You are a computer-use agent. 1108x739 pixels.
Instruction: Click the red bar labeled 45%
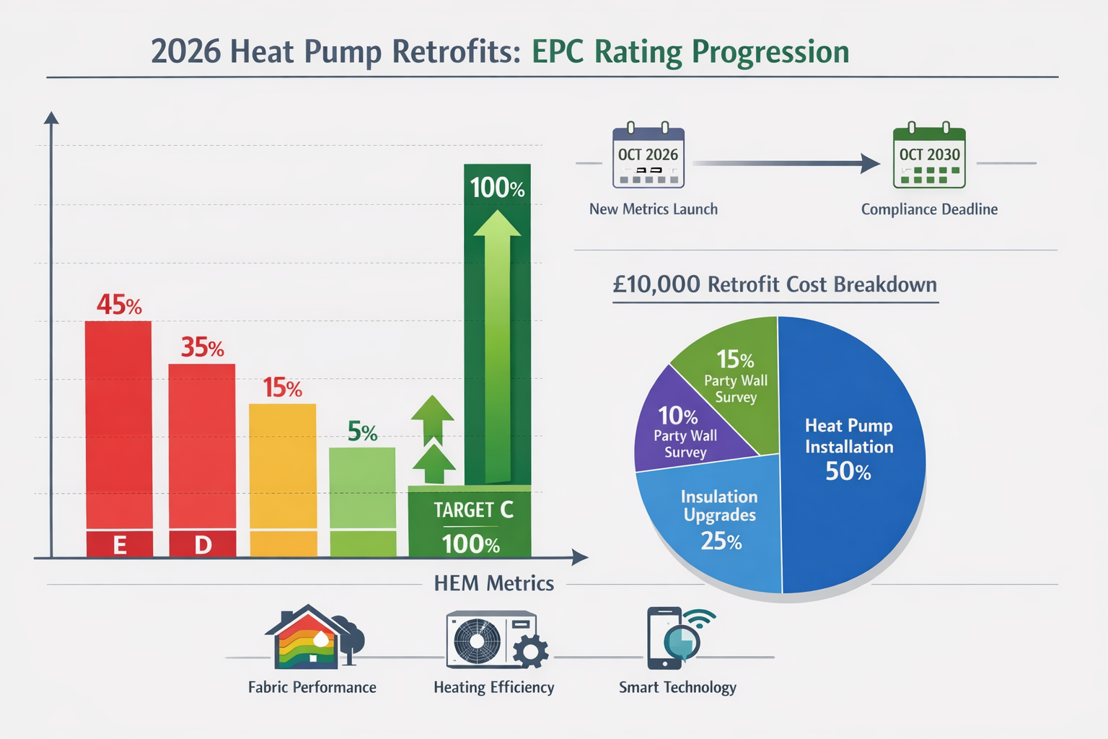(x=118, y=426)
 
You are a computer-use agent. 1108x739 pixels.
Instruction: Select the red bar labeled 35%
(x=202, y=447)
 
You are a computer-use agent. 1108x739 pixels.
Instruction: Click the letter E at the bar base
(x=120, y=545)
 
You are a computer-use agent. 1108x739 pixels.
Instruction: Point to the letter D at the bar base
(x=203, y=545)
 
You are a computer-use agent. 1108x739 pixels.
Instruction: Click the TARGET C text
(x=473, y=510)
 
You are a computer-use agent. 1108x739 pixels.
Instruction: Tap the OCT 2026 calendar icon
(x=648, y=157)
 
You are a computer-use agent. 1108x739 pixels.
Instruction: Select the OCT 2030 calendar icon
(x=929, y=157)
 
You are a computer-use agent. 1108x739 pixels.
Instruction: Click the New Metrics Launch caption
(x=654, y=209)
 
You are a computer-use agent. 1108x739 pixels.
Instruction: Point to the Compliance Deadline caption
(x=929, y=209)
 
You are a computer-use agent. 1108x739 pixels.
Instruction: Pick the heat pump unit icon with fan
(x=491, y=639)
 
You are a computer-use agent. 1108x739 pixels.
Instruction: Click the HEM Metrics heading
(x=494, y=583)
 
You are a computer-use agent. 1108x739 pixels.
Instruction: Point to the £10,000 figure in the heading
(x=656, y=284)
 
